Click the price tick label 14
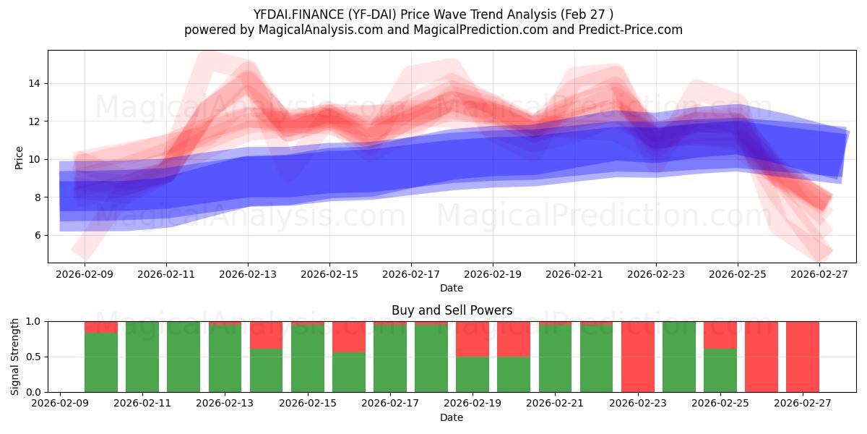point(35,84)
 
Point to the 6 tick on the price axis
point(38,235)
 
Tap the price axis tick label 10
point(35,159)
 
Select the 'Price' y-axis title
point(19,157)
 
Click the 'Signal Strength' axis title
point(15,357)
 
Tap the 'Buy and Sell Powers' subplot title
point(452,310)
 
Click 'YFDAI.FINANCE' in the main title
point(294,14)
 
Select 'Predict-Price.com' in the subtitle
point(632,30)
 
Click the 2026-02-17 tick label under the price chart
point(411,274)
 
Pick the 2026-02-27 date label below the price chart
point(819,274)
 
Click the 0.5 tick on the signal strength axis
point(35,357)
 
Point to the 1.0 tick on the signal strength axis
point(35,321)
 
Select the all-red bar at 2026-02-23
point(637,357)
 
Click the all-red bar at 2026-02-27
point(803,357)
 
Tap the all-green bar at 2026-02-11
point(142,357)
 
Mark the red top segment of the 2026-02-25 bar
point(720,335)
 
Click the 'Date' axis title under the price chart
point(452,288)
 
